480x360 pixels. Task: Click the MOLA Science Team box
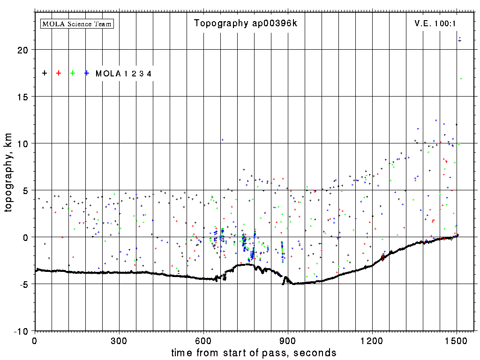77,23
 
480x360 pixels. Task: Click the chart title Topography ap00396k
246,23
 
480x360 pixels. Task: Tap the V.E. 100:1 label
435,23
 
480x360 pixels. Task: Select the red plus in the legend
59,73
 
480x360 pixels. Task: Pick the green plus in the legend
73,73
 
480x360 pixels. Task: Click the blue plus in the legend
87,73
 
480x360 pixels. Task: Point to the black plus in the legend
45,73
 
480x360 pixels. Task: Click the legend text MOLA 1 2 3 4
123,74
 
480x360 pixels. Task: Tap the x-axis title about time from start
254,352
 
